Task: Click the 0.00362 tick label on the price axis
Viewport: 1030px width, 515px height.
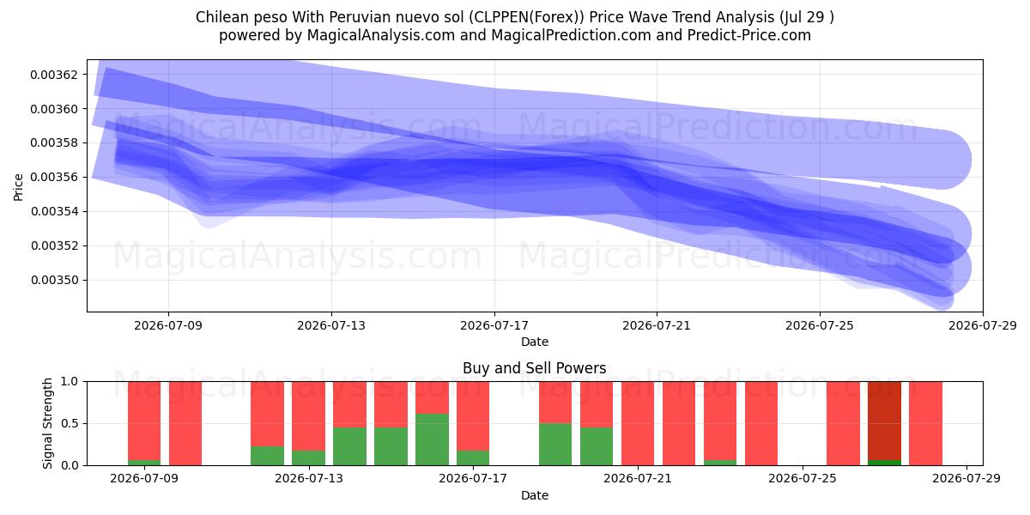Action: [54, 75]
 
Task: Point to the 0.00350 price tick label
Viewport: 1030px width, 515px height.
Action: [54, 280]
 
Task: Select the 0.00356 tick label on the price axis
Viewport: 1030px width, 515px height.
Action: [54, 177]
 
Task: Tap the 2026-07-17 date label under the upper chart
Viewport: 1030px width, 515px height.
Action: [494, 325]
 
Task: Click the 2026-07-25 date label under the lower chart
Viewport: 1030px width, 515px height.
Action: [803, 479]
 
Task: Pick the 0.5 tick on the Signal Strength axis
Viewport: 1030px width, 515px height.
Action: [70, 423]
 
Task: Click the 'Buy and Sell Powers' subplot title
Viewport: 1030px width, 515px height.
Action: [534, 368]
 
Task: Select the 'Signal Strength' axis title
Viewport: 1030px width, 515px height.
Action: [47, 423]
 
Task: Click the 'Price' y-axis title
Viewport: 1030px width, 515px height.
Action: [18, 187]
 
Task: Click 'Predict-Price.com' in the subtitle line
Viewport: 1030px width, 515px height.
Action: [749, 35]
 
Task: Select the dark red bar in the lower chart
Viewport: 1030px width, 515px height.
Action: [884, 421]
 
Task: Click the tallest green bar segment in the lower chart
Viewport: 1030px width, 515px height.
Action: [433, 439]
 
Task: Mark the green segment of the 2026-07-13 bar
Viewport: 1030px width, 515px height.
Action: [308, 458]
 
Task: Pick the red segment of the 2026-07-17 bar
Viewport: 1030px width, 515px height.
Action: [473, 416]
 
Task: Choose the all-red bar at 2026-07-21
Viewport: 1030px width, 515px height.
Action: [638, 423]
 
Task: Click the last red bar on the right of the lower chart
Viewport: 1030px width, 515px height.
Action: [925, 423]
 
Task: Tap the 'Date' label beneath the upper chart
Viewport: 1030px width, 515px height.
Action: [534, 342]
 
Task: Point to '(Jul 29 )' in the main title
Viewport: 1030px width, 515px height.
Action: [807, 17]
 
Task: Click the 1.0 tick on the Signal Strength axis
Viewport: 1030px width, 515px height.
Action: [70, 382]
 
